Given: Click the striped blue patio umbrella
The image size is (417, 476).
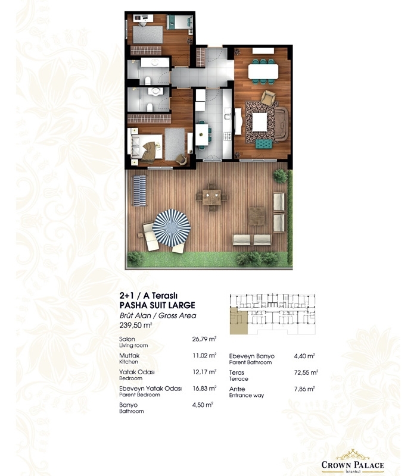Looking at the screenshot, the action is click(x=172, y=228).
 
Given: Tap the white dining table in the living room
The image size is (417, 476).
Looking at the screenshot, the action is click(x=263, y=71).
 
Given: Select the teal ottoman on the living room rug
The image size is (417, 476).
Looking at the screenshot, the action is click(x=264, y=143).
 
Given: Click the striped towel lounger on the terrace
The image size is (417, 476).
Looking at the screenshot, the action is click(x=139, y=191).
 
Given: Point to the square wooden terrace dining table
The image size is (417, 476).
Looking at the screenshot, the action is click(x=211, y=197).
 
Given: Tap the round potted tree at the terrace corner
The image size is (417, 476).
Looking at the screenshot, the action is click(x=280, y=176).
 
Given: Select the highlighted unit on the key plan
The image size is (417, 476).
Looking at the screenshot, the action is click(x=239, y=321).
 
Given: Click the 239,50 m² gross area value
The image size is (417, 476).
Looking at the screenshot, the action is click(x=136, y=325).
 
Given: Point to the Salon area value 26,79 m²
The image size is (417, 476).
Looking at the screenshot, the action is click(x=204, y=339).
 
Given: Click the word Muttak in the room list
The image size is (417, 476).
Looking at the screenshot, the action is click(x=129, y=355).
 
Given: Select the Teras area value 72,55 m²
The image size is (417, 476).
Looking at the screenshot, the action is click(x=306, y=372).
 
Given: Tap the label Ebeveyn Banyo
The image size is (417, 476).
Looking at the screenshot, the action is click(x=251, y=356).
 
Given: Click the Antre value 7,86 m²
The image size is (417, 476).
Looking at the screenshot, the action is click(x=304, y=389).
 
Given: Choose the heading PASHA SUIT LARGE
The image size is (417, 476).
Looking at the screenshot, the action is click(x=157, y=305).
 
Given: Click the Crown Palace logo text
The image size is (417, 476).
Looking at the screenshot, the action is click(x=353, y=465).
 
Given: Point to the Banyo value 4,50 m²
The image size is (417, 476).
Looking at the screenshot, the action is click(x=203, y=405).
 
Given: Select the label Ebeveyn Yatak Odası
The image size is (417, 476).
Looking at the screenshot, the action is click(x=151, y=389).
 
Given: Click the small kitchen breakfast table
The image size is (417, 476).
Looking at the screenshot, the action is click(x=202, y=134).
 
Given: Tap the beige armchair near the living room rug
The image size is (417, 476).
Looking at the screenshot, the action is click(x=268, y=98).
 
